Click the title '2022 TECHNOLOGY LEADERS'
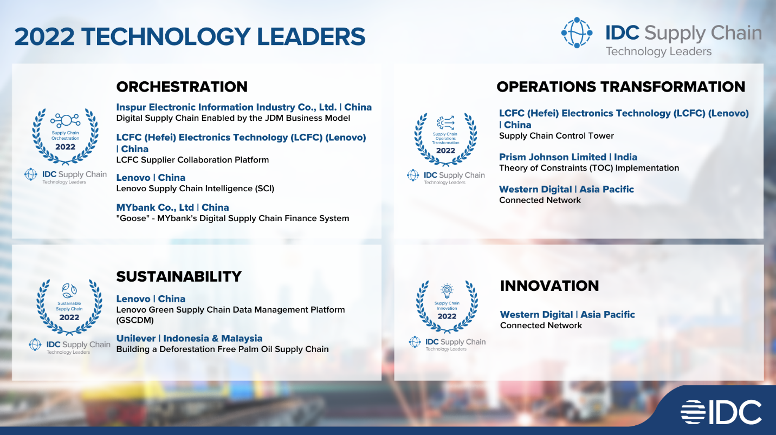(x=190, y=37)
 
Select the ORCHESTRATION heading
(x=182, y=87)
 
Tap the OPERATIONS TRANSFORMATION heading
(x=621, y=87)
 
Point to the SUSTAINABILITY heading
(x=179, y=277)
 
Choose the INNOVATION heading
(x=549, y=286)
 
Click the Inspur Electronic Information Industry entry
(x=244, y=107)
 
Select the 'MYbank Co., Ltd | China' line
(x=172, y=207)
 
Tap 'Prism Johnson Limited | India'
(x=568, y=157)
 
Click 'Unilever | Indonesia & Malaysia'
(x=190, y=339)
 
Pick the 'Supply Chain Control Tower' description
(x=557, y=136)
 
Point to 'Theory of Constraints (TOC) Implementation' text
(x=589, y=168)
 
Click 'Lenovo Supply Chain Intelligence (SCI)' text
(x=195, y=189)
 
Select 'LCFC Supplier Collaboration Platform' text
(x=192, y=160)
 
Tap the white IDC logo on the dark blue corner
(x=721, y=412)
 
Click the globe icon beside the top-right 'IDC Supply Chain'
(x=577, y=33)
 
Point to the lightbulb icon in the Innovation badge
(x=447, y=291)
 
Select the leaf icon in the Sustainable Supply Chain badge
(x=69, y=290)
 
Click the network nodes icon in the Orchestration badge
(x=65, y=120)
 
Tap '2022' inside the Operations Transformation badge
(x=445, y=151)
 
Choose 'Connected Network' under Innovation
(x=541, y=326)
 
